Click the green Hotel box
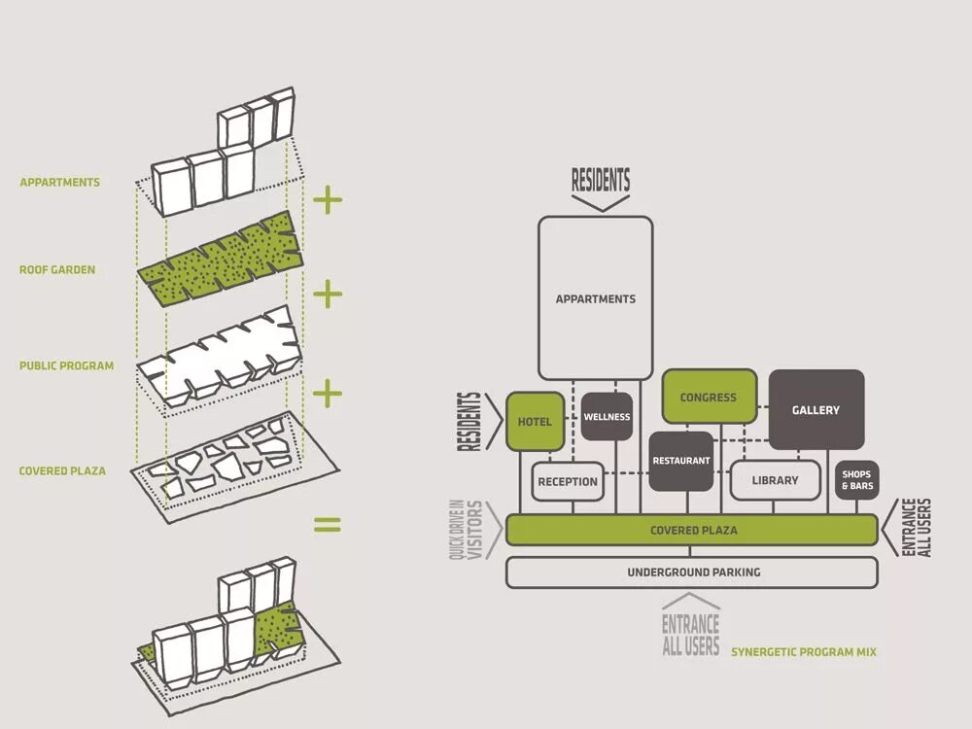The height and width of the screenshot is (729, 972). point(535,422)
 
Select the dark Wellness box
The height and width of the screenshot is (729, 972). point(607,417)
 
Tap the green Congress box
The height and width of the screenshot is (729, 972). point(709,397)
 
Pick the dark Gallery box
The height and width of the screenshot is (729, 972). point(816,409)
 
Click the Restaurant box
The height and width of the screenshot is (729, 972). point(681,460)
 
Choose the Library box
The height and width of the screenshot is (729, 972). point(775,480)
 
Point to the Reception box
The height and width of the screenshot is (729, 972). point(568,481)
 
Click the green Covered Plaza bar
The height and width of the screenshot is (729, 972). point(692,531)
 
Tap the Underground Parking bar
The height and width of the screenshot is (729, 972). point(692,573)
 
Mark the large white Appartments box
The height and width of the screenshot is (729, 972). point(595,297)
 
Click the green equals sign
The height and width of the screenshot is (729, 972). point(328,525)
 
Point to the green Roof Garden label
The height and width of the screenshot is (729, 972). point(57,269)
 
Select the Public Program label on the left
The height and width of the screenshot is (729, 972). point(66,366)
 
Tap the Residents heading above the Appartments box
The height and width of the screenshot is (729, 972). point(601,180)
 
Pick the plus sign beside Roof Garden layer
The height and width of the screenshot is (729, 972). point(328,293)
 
